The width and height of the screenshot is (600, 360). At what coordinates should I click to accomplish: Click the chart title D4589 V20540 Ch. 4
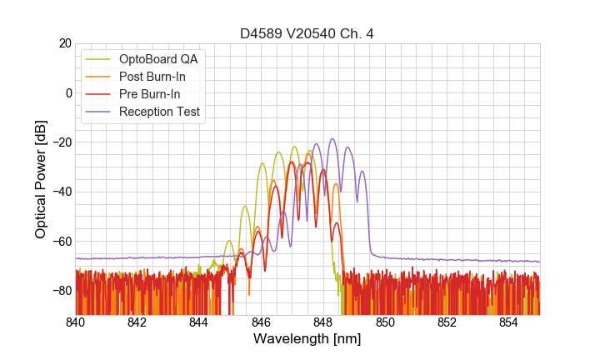tap(307, 33)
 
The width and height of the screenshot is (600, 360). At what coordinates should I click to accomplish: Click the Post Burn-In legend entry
tap(157, 77)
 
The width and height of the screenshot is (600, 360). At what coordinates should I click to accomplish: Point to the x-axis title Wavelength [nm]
tap(307, 339)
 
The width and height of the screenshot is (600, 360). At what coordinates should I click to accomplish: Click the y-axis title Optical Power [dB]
tap(41, 179)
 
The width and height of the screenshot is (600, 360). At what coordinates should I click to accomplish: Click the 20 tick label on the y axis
tap(64, 43)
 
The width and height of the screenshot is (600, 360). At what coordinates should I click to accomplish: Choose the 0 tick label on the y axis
tap(67, 92)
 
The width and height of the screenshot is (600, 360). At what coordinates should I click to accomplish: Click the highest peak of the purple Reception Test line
tap(332, 139)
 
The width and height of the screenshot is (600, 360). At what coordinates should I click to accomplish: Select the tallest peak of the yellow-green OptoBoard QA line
tap(294, 147)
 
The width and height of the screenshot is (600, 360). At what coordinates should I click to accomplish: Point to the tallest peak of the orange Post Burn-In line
tap(310, 151)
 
